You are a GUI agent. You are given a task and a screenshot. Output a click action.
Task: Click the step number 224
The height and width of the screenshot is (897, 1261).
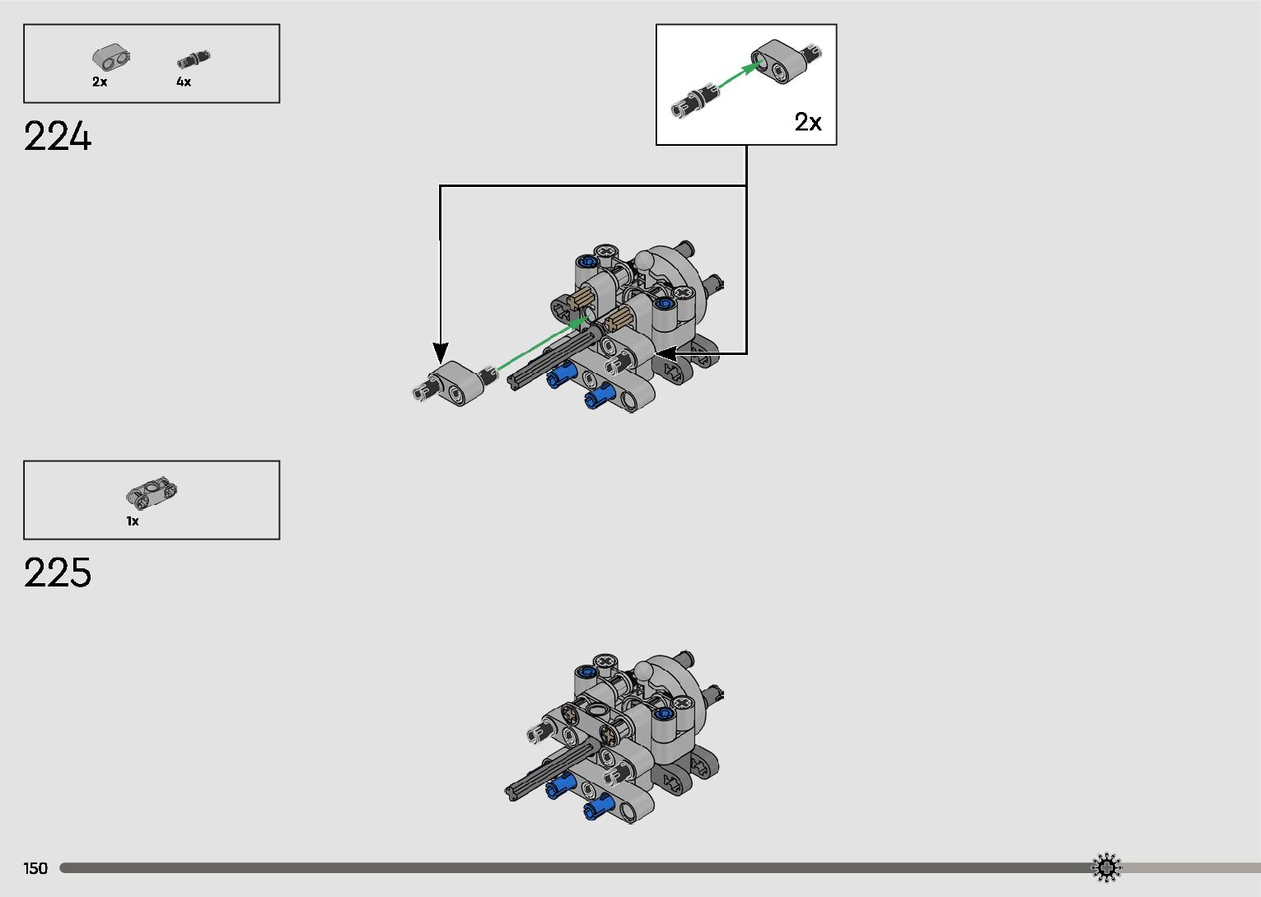coord(58,137)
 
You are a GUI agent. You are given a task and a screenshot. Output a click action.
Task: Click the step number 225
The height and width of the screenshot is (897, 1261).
coord(58,573)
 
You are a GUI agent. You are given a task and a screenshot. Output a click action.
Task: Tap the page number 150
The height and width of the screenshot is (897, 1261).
coord(35,868)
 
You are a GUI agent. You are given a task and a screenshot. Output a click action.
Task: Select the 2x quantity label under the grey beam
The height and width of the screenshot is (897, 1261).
coord(100,82)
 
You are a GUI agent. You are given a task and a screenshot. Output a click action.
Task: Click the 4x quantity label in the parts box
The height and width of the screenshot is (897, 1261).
coord(184,82)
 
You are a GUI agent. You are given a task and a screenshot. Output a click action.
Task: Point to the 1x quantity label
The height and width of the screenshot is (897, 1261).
coord(133,521)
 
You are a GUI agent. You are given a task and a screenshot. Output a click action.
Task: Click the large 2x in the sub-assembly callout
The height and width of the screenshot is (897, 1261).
coord(808,123)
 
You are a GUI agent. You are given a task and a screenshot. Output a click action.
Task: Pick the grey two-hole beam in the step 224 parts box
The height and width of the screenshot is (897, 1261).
coord(111,58)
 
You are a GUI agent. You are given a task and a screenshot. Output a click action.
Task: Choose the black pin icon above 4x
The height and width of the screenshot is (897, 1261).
coord(194,59)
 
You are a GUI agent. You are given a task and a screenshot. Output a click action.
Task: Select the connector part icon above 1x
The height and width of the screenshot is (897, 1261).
coord(152,492)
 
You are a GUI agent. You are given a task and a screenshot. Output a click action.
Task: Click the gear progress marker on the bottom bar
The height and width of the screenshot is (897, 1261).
coord(1106,867)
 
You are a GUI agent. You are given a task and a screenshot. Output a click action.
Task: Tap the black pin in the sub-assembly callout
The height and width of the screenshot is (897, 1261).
coord(694,100)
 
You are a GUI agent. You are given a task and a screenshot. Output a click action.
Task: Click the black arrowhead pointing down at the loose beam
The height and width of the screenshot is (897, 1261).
coord(441,353)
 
